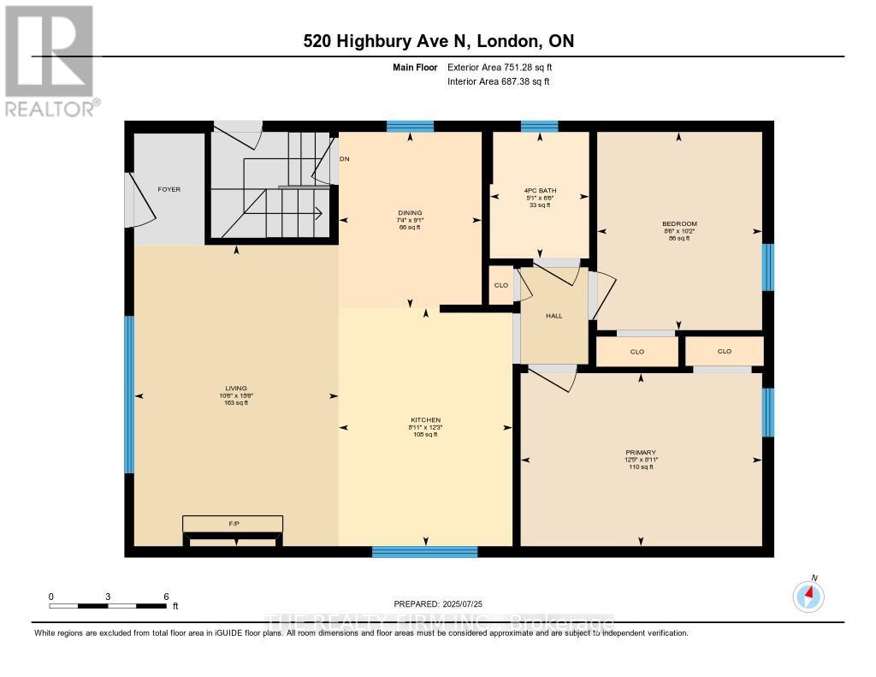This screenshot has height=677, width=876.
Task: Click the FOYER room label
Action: click(x=169, y=189)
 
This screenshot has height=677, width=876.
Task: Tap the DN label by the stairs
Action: click(x=345, y=159)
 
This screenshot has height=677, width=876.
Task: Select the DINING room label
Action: click(x=409, y=213)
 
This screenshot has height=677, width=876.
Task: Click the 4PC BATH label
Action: click(x=538, y=190)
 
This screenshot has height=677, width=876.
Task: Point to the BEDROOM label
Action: click(x=678, y=224)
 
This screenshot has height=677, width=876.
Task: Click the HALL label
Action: click(x=554, y=316)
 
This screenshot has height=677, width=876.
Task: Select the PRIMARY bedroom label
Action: click(x=641, y=452)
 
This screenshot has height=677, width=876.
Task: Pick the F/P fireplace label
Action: click(x=232, y=522)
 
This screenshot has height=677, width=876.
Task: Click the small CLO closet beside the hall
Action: click(x=500, y=286)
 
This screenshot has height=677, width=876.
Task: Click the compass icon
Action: click(x=808, y=596)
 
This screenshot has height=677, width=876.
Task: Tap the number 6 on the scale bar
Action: click(x=166, y=596)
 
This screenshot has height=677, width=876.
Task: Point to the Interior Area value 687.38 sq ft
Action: click(x=517, y=81)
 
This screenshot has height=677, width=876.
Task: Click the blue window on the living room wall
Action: click(x=129, y=395)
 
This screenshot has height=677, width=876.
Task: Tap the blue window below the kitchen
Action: click(x=424, y=552)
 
